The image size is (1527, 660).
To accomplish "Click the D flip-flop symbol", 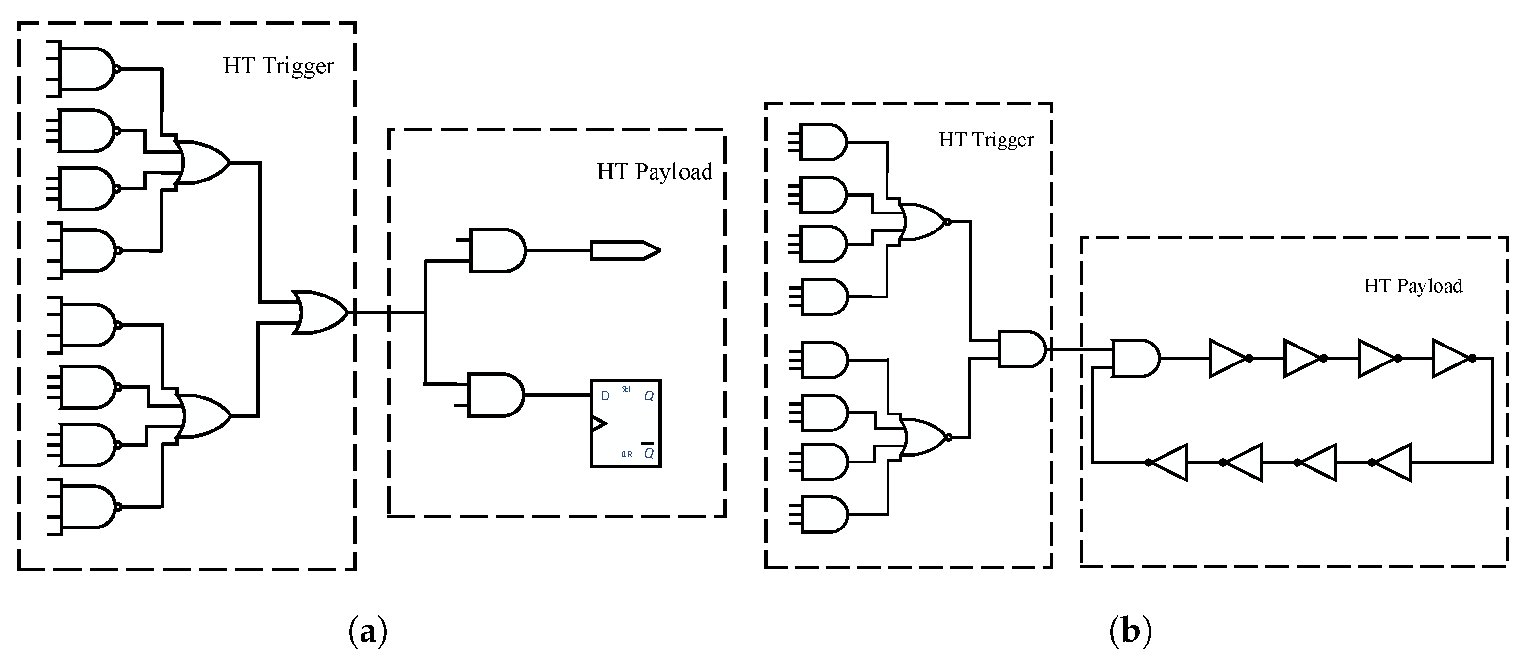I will coord(625,423).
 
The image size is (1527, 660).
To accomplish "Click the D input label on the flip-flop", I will coord(605,396).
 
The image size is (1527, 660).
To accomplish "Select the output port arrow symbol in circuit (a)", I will coord(625,250).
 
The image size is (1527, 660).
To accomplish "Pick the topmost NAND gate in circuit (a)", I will coord(88,69).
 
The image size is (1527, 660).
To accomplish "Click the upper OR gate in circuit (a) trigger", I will coord(203,163).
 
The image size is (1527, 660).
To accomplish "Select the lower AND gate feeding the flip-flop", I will coord(495,395).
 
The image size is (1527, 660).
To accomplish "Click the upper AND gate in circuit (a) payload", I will coord(497,250).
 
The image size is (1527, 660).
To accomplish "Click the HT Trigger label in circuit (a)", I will coord(278,66).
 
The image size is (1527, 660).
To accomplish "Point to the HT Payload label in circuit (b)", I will coord(1412,286).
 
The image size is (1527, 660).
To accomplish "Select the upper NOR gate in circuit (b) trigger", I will coord(923,222).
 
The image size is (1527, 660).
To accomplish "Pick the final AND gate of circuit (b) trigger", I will coord(1021,349).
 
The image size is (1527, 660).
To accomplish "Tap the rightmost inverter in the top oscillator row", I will coord(1452,358).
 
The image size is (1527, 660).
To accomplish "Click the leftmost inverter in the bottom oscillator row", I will coord(1169,462).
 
